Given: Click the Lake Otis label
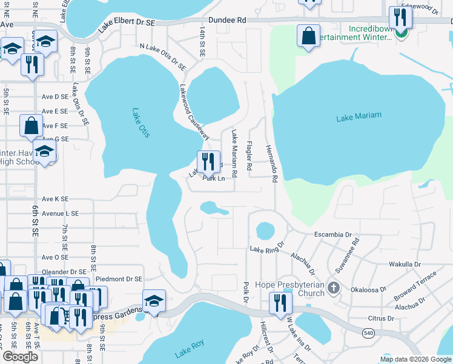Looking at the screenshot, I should click(140, 123).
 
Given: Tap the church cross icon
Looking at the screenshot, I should click(332, 286).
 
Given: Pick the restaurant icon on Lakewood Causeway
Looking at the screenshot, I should click(207, 161).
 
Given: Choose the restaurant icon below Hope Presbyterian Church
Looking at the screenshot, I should click(280, 302).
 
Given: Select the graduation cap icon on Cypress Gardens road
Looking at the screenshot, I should click(154, 300).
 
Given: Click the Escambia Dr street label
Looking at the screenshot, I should click(332, 235).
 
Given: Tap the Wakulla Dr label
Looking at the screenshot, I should click(405, 265).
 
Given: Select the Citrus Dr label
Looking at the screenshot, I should click(381, 318).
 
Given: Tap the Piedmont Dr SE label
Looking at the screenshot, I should click(118, 279).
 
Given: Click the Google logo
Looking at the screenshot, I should click(20, 357).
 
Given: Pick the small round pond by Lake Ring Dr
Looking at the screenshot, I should click(265, 231).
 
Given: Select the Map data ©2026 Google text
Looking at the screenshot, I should click(415, 359).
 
